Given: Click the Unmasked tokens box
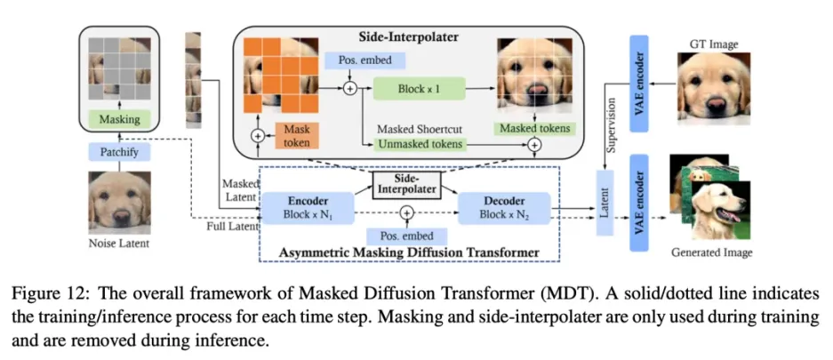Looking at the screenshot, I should click(417, 143).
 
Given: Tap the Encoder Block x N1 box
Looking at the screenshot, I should click(303, 208).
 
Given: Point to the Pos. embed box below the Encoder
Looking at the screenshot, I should click(406, 236).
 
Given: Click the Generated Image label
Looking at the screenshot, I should click(712, 253).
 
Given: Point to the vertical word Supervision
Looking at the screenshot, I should click(612, 124).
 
